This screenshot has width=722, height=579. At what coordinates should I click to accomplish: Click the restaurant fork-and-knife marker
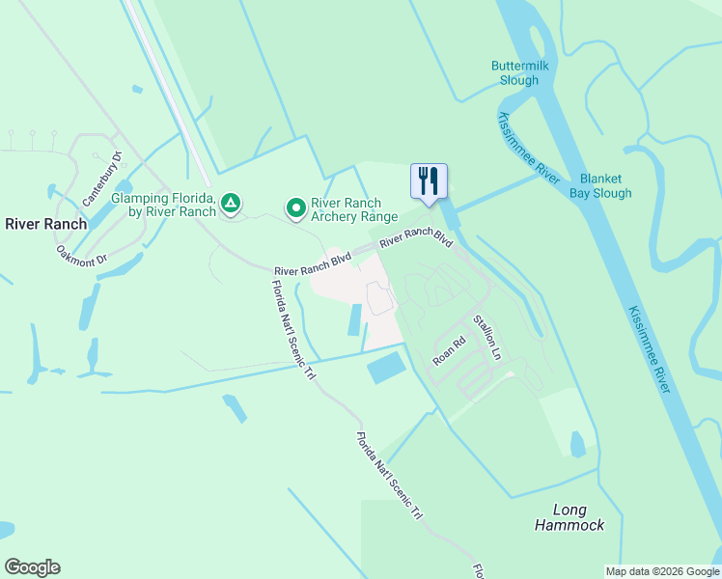click(429, 180)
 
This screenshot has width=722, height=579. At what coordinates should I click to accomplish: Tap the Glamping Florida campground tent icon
click(230, 204)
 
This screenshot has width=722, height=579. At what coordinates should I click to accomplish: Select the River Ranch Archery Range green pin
click(295, 207)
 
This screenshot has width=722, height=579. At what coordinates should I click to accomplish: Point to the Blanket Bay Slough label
click(605, 186)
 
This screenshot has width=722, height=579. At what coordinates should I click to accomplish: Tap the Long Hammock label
click(569, 517)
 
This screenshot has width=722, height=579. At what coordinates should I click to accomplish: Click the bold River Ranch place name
click(45, 224)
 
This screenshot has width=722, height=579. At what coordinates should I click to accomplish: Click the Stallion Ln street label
click(486, 338)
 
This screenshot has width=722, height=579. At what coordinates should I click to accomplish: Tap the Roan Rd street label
click(450, 349)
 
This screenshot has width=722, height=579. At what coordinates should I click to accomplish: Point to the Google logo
click(32, 567)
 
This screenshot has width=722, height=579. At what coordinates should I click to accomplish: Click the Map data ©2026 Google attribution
click(662, 571)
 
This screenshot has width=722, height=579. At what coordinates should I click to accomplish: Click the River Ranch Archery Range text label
click(346, 209)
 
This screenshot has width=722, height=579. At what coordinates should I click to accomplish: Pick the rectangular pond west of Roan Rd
click(388, 367)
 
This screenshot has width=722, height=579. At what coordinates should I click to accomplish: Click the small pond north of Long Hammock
click(577, 444)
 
